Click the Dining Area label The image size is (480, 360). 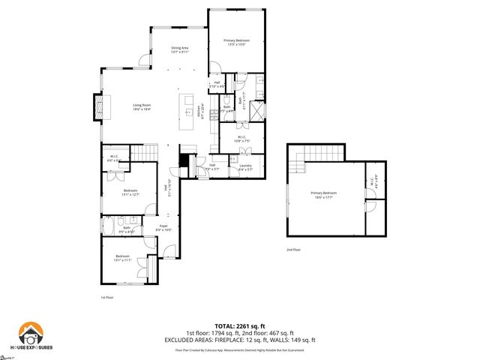(180, 50)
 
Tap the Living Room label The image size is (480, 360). (142, 107)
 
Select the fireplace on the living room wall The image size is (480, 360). (97, 107)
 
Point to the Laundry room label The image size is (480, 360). (246, 167)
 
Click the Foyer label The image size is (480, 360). (163, 228)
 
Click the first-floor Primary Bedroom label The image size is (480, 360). (236, 42)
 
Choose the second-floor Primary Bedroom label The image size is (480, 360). (324, 195)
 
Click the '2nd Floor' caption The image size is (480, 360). (293, 250)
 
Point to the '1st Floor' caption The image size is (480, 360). (106, 297)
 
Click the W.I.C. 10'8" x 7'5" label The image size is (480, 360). (242, 139)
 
